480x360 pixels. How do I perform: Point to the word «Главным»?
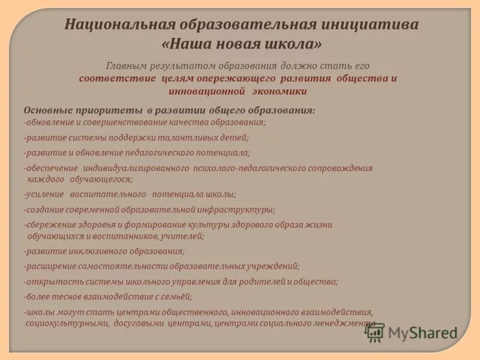coord(130,65)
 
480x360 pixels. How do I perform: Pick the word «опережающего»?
coord(241,79)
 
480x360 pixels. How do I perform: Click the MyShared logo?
coord(412,332)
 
